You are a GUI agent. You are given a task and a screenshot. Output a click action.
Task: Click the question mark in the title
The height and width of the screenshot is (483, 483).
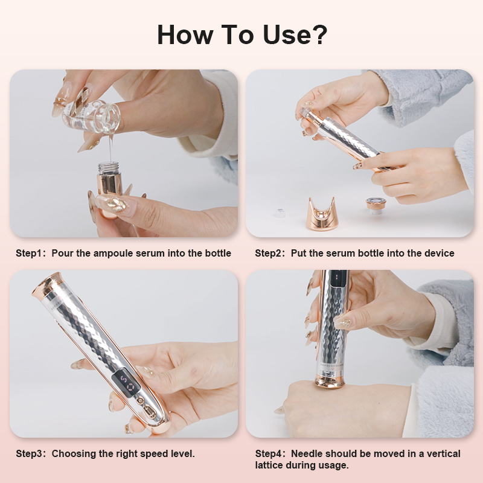pyautogui.click(x=318, y=35)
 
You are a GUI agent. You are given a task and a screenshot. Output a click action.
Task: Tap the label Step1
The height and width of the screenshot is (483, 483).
pyautogui.click(x=30, y=253)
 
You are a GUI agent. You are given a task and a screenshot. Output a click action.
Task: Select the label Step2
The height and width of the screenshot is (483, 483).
pyautogui.click(x=270, y=253)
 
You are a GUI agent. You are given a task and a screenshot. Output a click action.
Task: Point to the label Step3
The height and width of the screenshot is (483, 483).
pyautogui.click(x=30, y=453)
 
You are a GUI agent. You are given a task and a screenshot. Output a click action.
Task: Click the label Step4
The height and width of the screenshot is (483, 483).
pyautogui.click(x=270, y=453)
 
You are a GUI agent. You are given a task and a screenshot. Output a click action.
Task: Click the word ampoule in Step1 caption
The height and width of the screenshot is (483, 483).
pyautogui.click(x=114, y=253)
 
